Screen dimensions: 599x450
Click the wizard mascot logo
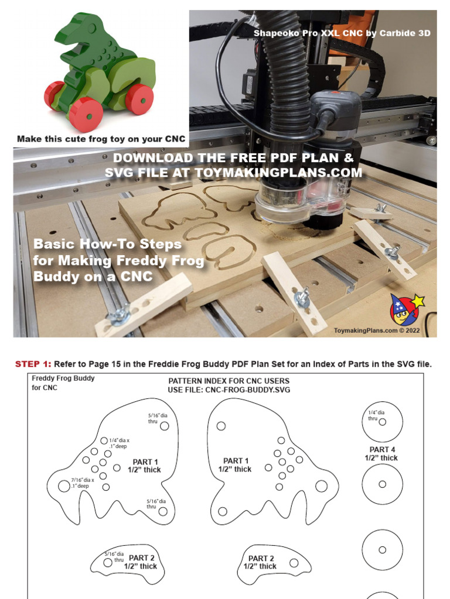pyautogui.click(x=404, y=310)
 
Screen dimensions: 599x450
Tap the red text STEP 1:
pyautogui.click(x=33, y=364)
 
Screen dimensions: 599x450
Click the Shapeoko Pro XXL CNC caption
pyautogui.click(x=342, y=33)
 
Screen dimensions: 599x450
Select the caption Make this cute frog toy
pyautogui.click(x=101, y=139)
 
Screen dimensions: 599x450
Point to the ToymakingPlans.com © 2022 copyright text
pyautogui.click(x=384, y=331)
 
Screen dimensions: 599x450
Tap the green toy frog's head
pyautogui.click(x=88, y=29)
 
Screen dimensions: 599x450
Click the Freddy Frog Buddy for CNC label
pyautogui.click(x=63, y=383)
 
